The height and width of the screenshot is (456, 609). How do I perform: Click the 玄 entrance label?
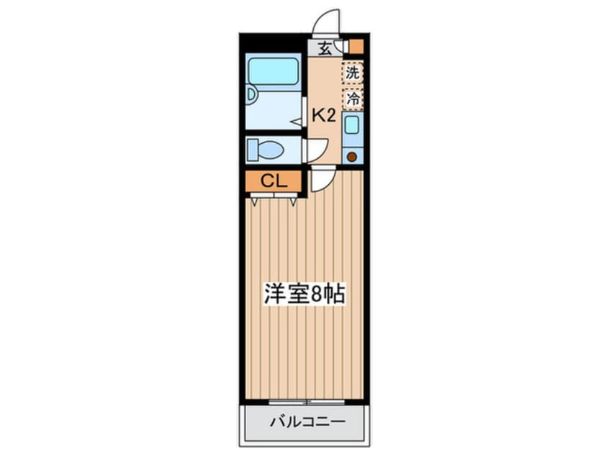(325, 49)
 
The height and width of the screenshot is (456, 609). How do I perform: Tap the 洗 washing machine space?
(352, 73)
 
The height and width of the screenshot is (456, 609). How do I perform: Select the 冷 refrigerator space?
(352, 99)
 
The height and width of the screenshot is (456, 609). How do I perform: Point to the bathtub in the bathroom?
(273, 71)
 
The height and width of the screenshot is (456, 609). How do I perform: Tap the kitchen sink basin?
(351, 126)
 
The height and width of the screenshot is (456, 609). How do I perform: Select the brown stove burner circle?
(352, 155)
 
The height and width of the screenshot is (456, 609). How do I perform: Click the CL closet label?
(274, 181)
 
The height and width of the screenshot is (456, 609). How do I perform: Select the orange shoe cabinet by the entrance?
(356, 47)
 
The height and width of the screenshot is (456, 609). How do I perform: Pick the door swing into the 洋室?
(322, 179)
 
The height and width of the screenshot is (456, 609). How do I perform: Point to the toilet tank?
(253, 150)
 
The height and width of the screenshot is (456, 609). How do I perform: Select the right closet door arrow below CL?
(294, 202)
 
